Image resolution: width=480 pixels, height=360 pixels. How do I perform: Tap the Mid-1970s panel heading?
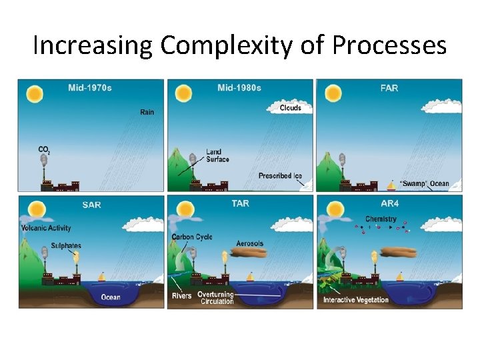pyautogui.click(x=90, y=87)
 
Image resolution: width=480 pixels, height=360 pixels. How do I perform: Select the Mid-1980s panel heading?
pyautogui.click(x=239, y=87)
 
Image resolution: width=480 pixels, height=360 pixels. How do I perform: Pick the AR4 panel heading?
pyautogui.click(x=389, y=203)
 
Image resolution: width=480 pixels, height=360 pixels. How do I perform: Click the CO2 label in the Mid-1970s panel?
pyautogui.click(x=44, y=149)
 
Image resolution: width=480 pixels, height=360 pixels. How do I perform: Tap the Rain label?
pyautogui.click(x=147, y=112)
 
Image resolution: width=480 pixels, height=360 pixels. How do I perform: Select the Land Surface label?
pyautogui.click(x=217, y=155)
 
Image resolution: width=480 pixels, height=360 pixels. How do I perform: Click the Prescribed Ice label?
pyautogui.click(x=280, y=176)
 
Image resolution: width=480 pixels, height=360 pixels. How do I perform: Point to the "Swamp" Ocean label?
pyautogui.click(x=425, y=184)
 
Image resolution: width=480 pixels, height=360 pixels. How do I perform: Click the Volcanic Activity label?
pyautogui.click(x=46, y=229)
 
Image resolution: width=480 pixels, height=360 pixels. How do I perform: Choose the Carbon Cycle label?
pyautogui.click(x=192, y=237)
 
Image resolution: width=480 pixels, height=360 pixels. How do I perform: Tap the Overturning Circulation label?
pyautogui.click(x=217, y=298)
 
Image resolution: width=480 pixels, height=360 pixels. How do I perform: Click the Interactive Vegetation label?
pyautogui.click(x=355, y=300)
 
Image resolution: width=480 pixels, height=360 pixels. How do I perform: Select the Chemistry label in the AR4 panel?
pyautogui.click(x=381, y=219)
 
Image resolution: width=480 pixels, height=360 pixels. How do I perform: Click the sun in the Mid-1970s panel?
pyautogui.click(x=35, y=94)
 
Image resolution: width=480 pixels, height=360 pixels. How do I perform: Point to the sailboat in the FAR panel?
pyautogui.click(x=391, y=185)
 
